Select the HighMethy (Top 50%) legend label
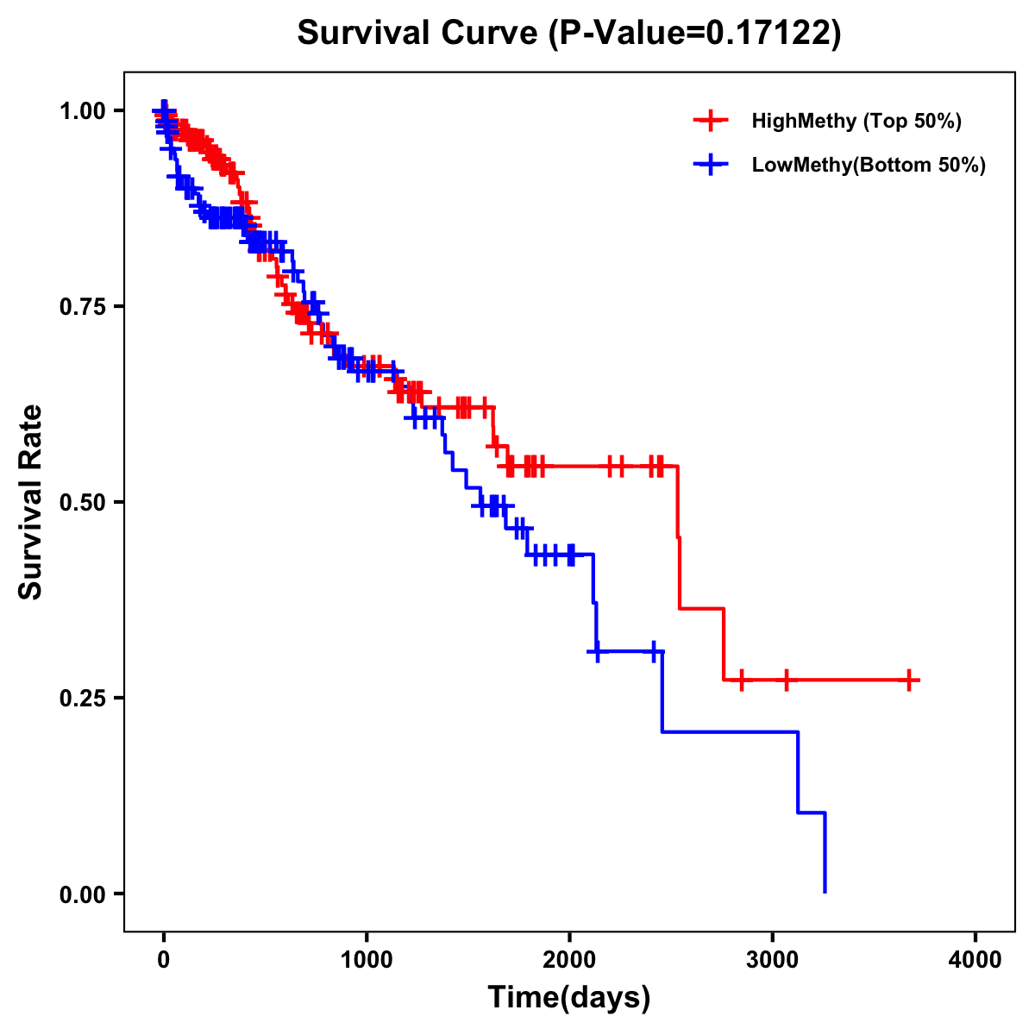point(856,121)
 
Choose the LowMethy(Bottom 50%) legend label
point(869,166)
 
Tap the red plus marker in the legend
point(711,121)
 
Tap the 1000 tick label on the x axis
point(367,960)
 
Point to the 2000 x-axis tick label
point(569,960)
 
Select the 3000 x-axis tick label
point(773,960)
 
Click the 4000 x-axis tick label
point(975,960)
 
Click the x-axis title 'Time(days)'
point(569,998)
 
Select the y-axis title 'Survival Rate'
point(31,502)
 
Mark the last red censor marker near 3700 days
point(909,681)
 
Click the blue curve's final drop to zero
point(825,854)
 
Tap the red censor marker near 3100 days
point(786,681)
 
